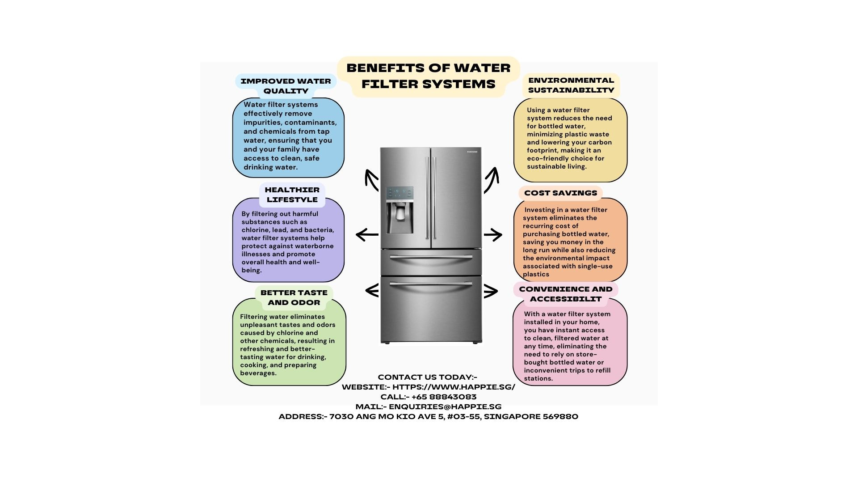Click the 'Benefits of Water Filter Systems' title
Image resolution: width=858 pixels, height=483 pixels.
[x=428, y=76]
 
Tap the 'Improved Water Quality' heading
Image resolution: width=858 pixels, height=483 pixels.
[x=286, y=86]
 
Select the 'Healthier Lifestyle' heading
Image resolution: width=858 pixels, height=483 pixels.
[x=292, y=195]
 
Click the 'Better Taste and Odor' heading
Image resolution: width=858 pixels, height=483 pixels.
[x=294, y=297]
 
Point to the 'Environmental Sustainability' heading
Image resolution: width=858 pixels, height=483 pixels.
[x=571, y=85]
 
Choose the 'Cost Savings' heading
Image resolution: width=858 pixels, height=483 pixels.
[x=560, y=193]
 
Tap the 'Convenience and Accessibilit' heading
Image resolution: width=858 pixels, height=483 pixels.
[x=566, y=294]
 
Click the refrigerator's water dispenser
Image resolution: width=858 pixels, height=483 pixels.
[x=400, y=217]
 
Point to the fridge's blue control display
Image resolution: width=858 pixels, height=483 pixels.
[x=400, y=193]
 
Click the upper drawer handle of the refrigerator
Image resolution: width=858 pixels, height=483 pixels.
[x=431, y=257]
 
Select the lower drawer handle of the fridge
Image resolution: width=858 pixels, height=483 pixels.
[x=431, y=284]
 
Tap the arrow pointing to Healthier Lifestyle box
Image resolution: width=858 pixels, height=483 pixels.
[x=367, y=234]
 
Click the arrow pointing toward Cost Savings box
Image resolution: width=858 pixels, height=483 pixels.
[x=493, y=234]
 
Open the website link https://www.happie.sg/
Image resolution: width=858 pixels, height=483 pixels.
[x=454, y=387]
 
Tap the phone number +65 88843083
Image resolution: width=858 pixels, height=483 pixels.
[x=444, y=397]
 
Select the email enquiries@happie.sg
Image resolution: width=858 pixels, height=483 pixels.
[x=445, y=407]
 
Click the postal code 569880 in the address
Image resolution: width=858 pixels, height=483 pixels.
[x=560, y=416]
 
